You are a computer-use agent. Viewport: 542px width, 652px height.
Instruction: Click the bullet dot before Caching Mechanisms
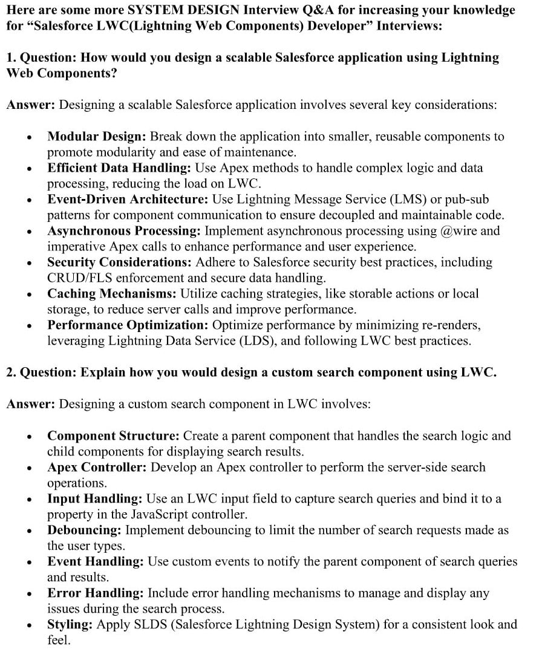[29, 295]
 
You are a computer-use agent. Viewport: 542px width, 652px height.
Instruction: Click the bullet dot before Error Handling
[29, 594]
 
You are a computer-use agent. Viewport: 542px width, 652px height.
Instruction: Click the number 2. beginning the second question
[11, 372]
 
